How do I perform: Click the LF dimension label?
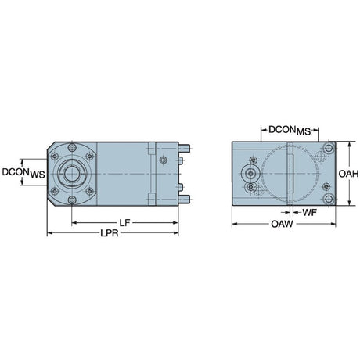click(x=124, y=223)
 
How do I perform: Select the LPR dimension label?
click(x=110, y=233)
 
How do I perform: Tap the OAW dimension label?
click(x=282, y=224)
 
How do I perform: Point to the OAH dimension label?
click(x=348, y=174)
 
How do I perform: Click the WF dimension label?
click(x=309, y=212)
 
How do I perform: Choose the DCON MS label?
click(x=290, y=130)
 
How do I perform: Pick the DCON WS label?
click(x=23, y=173)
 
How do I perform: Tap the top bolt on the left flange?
click(x=72, y=147)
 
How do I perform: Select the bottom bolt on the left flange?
click(x=72, y=200)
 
